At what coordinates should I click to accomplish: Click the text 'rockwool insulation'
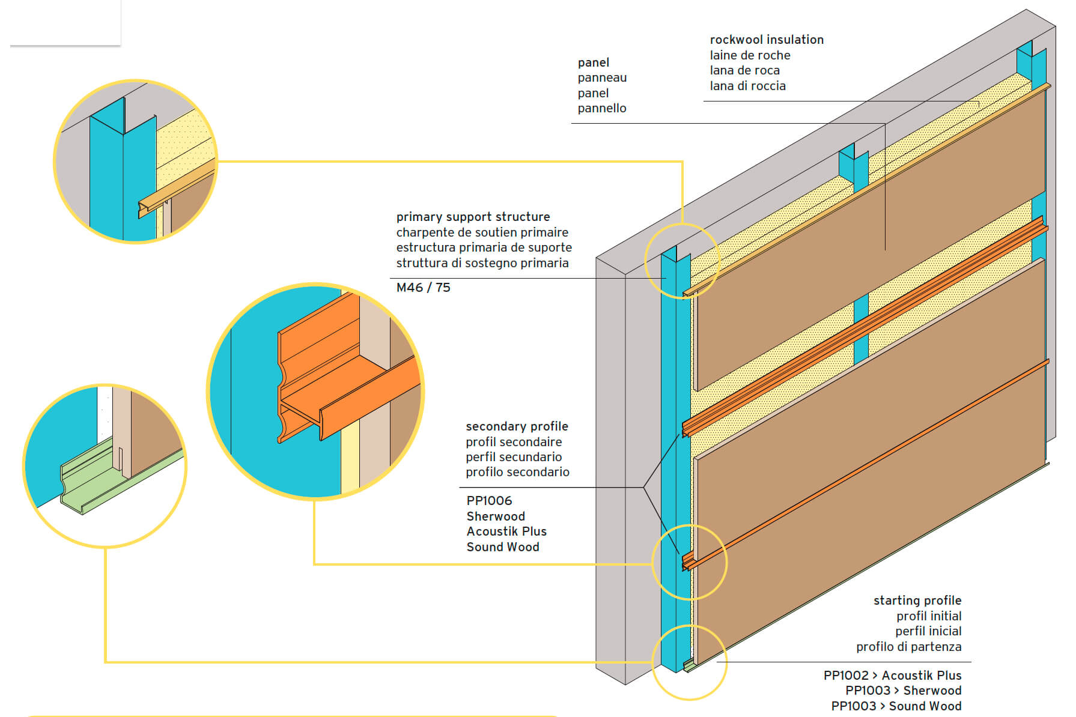click(x=767, y=40)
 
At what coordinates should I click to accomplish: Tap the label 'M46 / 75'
click(x=423, y=288)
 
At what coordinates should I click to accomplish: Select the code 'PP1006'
click(x=489, y=501)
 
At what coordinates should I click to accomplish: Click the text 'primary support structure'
click(x=473, y=217)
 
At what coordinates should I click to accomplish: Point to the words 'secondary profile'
click(x=517, y=426)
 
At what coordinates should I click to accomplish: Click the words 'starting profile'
click(x=917, y=601)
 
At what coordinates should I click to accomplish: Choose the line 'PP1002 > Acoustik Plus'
click(x=892, y=676)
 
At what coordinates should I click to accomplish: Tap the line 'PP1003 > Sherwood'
click(x=903, y=691)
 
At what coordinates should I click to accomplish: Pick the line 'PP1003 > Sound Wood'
click(x=896, y=706)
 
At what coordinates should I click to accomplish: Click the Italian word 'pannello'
click(x=602, y=108)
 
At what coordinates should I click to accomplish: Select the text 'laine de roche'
click(x=750, y=55)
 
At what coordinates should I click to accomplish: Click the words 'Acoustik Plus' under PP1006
click(x=506, y=531)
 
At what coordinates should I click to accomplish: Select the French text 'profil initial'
click(x=929, y=616)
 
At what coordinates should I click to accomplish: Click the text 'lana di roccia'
click(x=747, y=86)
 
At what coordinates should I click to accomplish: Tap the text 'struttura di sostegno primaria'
click(x=482, y=263)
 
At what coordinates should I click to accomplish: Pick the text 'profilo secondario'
click(x=517, y=472)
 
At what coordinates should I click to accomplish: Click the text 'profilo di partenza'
click(x=908, y=647)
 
